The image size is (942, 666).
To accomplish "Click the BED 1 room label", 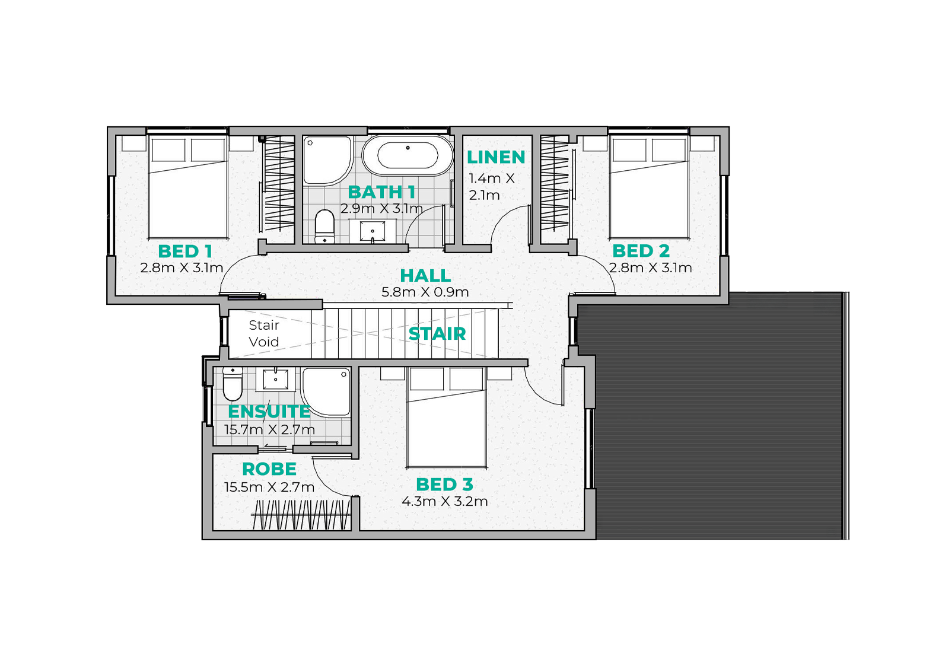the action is (x=185, y=251).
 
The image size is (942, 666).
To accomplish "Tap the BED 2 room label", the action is (x=641, y=251).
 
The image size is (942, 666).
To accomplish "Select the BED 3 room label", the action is (x=444, y=485).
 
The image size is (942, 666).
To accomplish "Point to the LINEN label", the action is (x=496, y=157).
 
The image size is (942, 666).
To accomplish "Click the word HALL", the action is (x=425, y=276).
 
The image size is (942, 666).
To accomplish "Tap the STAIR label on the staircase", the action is (x=437, y=334).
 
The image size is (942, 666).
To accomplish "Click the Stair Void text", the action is (x=263, y=333).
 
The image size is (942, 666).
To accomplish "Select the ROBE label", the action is (x=269, y=469).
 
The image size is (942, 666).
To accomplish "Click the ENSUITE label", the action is (x=269, y=412).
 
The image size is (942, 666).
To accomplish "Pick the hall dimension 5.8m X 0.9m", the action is (x=425, y=292).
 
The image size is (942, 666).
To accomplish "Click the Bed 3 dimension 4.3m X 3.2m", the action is (x=444, y=501).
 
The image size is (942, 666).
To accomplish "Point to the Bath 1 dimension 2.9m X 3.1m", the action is (x=381, y=209).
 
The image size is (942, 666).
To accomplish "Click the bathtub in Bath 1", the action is (x=408, y=155).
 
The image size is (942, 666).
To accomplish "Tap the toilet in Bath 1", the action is (x=324, y=227).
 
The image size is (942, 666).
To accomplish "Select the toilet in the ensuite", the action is (x=233, y=384).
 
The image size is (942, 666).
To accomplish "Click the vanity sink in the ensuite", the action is (x=275, y=379).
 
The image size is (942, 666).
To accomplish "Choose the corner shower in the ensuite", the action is (x=326, y=393).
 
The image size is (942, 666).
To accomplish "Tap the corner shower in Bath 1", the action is (x=327, y=160).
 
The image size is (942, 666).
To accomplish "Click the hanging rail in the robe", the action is (x=301, y=515).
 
